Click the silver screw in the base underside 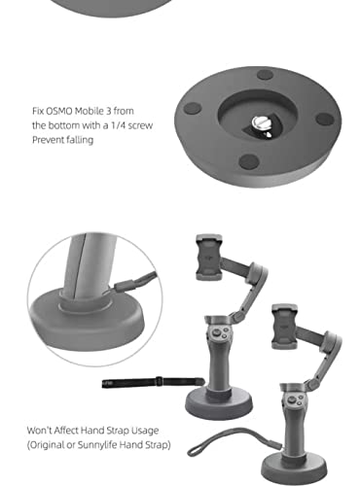pyautogui.click(x=260, y=122)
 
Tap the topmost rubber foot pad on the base pyautogui.click(x=265, y=75)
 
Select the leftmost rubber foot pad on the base pyautogui.click(x=193, y=109)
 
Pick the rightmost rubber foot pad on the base pyautogui.click(x=325, y=120)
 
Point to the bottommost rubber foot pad pyautogui.click(x=249, y=161)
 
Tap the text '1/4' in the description pyautogui.click(x=118, y=125)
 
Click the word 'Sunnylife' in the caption pyautogui.click(x=97, y=445)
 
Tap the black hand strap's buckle pyautogui.click(x=159, y=381)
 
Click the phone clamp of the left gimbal pyautogui.click(x=209, y=258)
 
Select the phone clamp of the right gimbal pyautogui.click(x=284, y=327)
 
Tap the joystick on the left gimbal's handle pyautogui.click(x=216, y=332)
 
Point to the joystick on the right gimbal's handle pyautogui.click(x=292, y=400)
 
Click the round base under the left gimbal pyautogui.click(x=219, y=403)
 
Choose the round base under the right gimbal pyautogui.click(x=294, y=469)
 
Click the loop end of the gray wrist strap pyautogui.click(x=195, y=449)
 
